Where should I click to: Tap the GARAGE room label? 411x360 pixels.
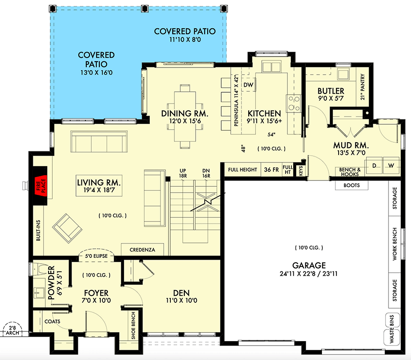click(308, 265)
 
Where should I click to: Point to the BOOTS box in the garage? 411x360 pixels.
click(351, 185)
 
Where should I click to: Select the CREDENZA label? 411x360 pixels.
click(143, 249)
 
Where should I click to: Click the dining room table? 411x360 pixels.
click(185, 116)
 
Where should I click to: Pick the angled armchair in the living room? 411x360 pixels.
click(67, 228)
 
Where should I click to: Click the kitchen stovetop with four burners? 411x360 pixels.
click(294, 103)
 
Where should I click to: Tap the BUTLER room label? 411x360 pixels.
click(331, 91)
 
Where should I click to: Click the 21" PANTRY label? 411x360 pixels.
click(362, 87)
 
